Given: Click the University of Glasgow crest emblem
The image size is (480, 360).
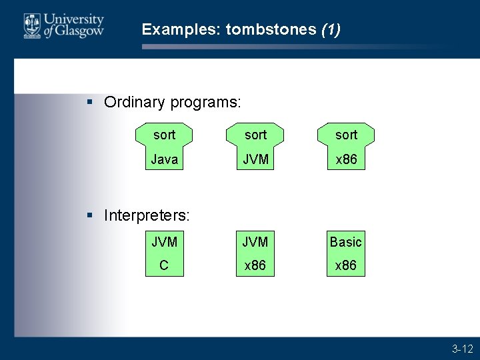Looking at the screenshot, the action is tap(32, 26).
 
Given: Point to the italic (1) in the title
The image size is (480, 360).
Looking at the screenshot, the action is tap(331, 29).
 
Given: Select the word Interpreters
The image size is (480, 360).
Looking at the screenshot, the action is tap(147, 215).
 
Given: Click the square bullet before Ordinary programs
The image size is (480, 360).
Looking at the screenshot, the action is tap(91, 102).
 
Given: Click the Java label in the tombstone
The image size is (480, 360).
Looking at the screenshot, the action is tap(164, 160).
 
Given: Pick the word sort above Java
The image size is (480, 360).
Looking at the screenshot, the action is tap(164, 135).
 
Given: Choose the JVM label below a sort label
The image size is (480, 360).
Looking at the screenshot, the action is tap(255, 160).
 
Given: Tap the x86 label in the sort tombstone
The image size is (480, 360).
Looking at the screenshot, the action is tap(346, 160).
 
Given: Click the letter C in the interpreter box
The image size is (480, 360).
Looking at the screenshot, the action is tap(164, 265).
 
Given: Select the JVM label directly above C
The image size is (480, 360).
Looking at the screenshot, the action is tap(164, 242).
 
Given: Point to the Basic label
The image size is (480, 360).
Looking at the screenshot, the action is tap(346, 242).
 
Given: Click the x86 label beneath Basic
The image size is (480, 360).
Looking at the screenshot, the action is tap(346, 265).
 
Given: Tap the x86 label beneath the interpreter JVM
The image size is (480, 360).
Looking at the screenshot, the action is tap(255, 265).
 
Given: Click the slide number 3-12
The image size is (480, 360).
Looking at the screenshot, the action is tap(462, 349).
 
